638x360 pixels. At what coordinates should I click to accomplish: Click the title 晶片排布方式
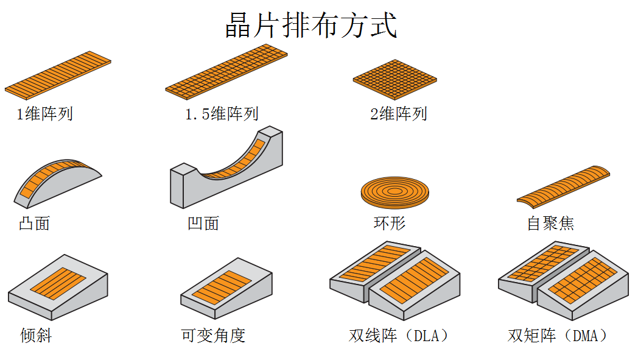pyautogui.click(x=311, y=26)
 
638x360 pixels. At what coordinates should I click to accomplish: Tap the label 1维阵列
pyautogui.click(x=44, y=114)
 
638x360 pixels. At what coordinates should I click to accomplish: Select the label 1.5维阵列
pyautogui.click(x=222, y=114)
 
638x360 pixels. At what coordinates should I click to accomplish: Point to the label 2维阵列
pyautogui.click(x=398, y=114)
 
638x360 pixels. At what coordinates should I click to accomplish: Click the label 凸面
pyautogui.click(x=34, y=224)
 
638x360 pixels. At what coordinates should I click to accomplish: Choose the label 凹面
pyautogui.click(x=203, y=224)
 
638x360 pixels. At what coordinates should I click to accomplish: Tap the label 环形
pyautogui.click(x=390, y=224)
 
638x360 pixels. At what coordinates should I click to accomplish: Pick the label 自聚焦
pyautogui.click(x=550, y=224)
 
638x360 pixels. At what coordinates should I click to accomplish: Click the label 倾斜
pyautogui.click(x=36, y=335)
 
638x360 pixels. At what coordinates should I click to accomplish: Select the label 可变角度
pyautogui.click(x=213, y=335)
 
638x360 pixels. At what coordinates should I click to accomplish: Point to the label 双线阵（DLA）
pyautogui.click(x=399, y=335)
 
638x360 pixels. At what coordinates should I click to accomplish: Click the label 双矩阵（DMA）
pyautogui.click(x=558, y=335)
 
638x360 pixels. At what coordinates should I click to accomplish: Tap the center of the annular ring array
pyautogui.click(x=394, y=191)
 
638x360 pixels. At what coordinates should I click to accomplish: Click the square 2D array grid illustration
pyautogui.click(x=394, y=80)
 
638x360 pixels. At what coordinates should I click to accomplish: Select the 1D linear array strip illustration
pyautogui.click(x=58, y=74)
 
